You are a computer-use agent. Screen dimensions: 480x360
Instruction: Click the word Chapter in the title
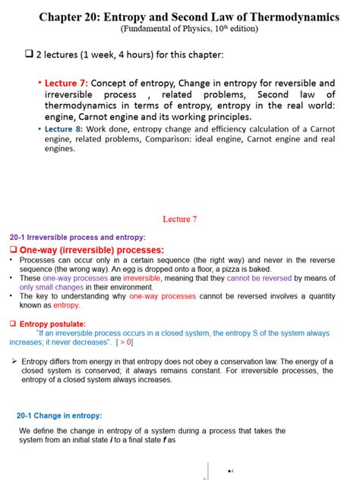(65, 15)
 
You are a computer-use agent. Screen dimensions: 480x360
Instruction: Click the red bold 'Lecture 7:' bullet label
(67, 84)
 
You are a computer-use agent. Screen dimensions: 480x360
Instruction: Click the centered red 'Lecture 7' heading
(180, 219)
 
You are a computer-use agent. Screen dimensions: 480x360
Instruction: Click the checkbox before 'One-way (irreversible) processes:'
(13, 250)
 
